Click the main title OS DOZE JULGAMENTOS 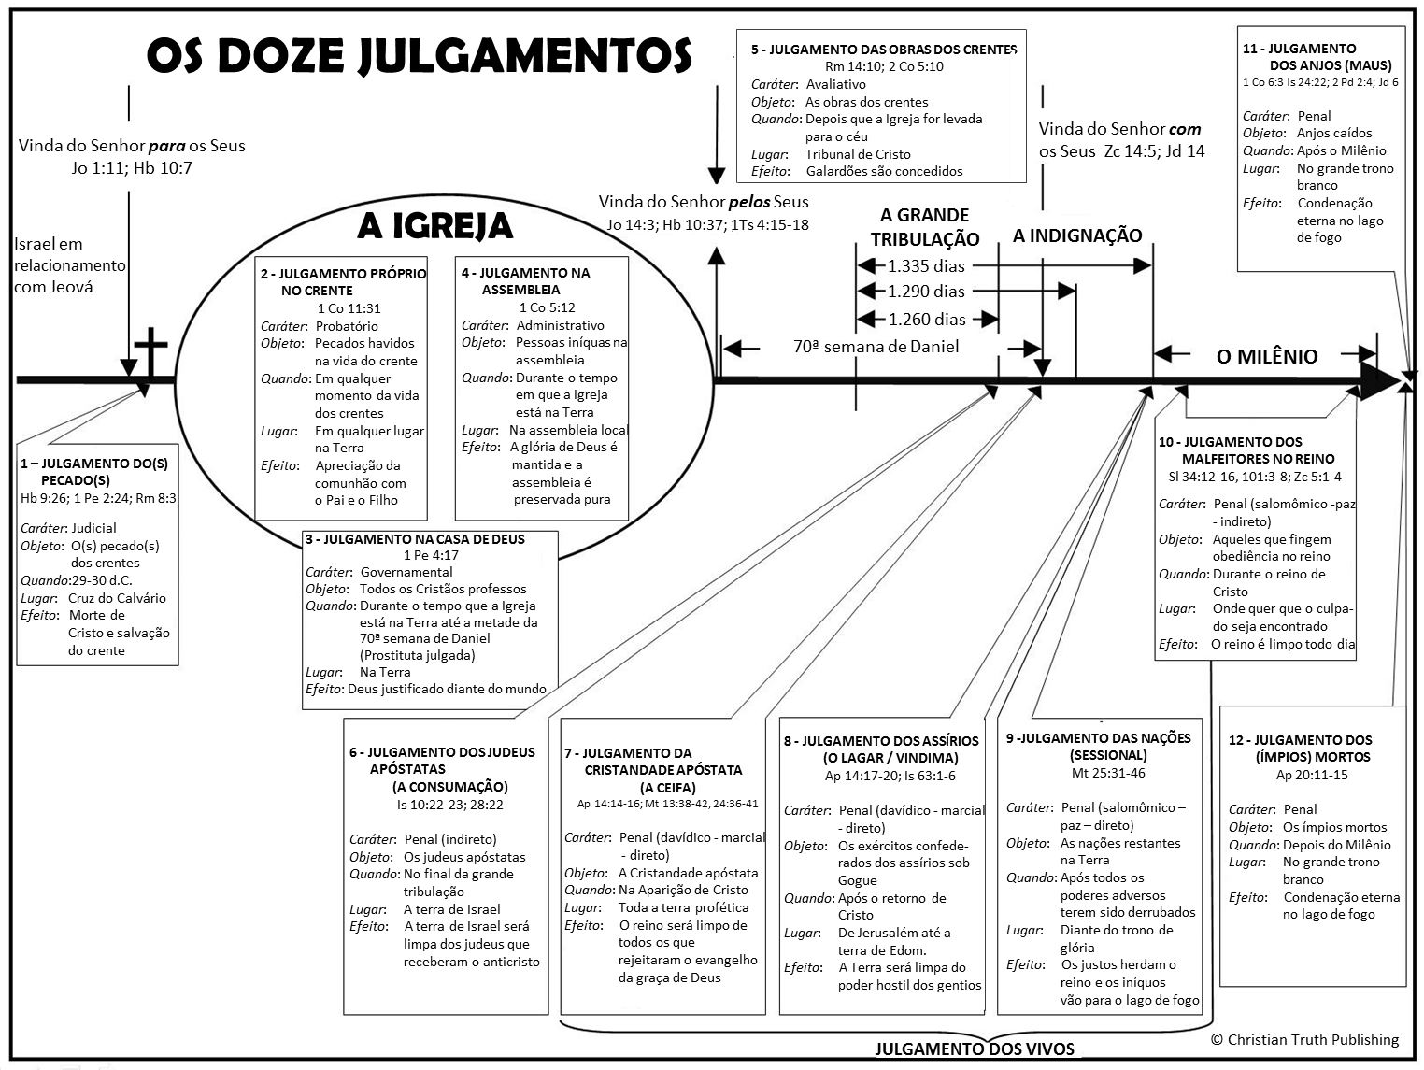[x=419, y=56]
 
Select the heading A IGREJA [x=434, y=226]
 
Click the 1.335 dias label [x=926, y=266]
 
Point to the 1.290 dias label [x=926, y=292]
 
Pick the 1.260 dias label [x=926, y=319]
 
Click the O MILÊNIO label [x=1266, y=356]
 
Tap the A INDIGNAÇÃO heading [x=1077, y=235]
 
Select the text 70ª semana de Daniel [x=876, y=347]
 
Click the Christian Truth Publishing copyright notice [x=1304, y=1039]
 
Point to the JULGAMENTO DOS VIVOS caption [x=975, y=1049]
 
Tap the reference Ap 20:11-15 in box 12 [x=1312, y=775]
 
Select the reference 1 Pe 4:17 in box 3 [x=431, y=555]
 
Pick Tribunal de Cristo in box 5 [x=858, y=154]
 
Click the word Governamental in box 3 [x=406, y=572]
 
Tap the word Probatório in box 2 [x=347, y=326]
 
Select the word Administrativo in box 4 [x=560, y=325]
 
